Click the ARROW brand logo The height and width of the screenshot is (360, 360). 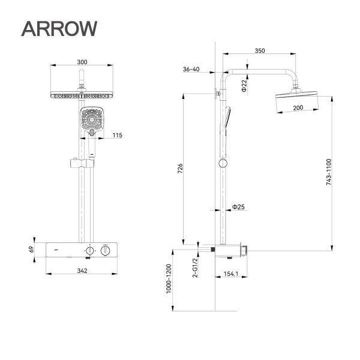58,28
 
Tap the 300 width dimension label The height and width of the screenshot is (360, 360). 82,61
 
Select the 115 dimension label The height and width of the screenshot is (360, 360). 117,136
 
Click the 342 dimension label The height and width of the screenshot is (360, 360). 82,271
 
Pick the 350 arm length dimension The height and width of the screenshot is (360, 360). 259,51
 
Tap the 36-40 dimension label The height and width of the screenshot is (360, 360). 191,70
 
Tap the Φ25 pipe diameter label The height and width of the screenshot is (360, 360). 238,207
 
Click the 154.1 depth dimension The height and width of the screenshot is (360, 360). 231,274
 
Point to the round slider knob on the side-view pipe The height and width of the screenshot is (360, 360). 223,163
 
